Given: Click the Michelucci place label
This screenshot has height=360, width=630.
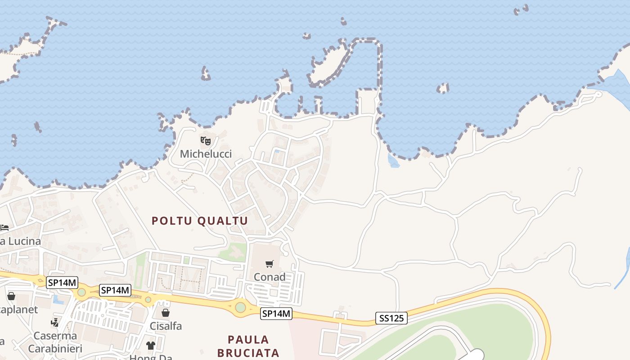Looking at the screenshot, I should coord(206,154).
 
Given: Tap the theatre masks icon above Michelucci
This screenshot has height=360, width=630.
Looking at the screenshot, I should coord(206,141).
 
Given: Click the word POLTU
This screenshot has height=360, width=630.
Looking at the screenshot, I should coord(172,221).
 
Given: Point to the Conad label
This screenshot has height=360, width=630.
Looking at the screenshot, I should coord(270,277).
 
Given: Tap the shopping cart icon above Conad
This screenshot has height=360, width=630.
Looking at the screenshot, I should coord(269,264).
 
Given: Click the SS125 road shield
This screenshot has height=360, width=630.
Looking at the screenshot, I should coord(391,319).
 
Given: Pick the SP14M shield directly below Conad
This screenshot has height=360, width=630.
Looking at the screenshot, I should coord(276,314).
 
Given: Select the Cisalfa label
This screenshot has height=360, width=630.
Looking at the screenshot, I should coord(166,326).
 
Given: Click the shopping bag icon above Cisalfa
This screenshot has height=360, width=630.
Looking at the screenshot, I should coord(166,312).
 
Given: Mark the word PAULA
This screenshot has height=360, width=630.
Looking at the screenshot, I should coord(248,340).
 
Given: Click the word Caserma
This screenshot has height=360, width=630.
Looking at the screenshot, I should coord(55,336).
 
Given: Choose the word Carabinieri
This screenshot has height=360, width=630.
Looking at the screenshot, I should coord(55,349).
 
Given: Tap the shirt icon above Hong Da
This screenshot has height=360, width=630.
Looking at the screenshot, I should coord(150,346).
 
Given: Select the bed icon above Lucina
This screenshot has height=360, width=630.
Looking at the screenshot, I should coord(4,228).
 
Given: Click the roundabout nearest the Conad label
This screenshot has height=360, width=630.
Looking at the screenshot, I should coord(241,307).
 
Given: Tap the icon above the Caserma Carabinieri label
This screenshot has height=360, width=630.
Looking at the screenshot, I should coord(55,322).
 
